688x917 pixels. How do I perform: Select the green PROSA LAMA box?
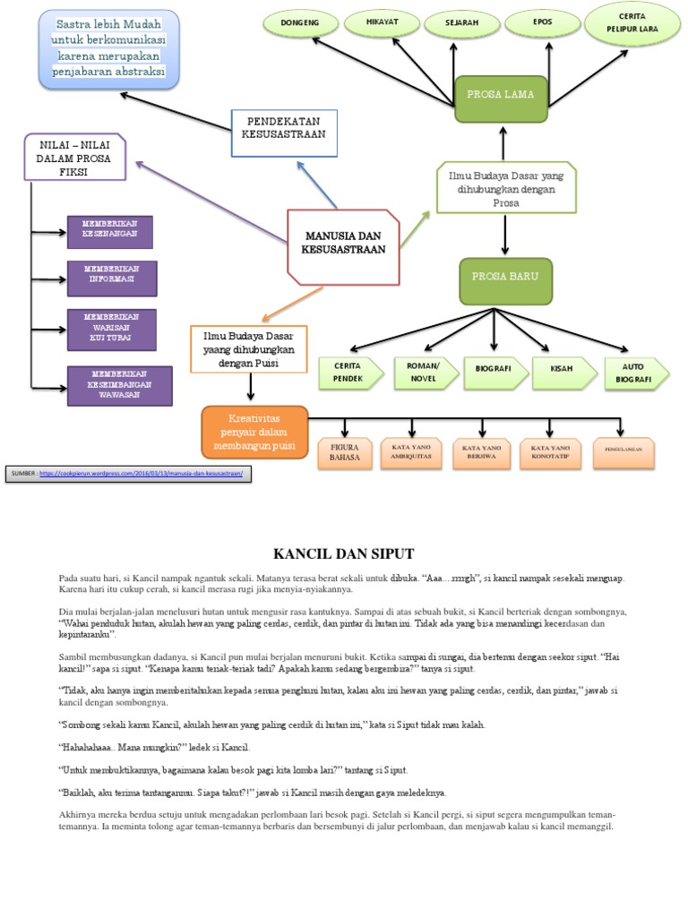click(x=500, y=99)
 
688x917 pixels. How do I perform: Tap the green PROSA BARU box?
click(x=505, y=281)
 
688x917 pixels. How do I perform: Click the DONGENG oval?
click(x=300, y=23)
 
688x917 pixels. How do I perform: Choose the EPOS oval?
click(x=541, y=22)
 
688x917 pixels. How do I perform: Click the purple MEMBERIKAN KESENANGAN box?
click(x=110, y=232)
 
